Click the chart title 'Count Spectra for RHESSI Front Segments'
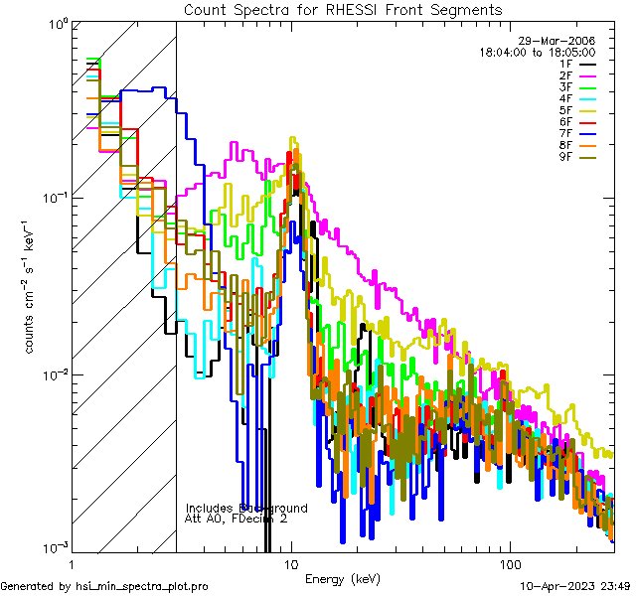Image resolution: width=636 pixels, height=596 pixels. (342, 9)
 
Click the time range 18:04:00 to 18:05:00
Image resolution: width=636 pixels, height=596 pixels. (537, 52)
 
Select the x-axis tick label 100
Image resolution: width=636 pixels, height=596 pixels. (509, 563)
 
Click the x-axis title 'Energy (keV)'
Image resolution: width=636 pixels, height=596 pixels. (342, 579)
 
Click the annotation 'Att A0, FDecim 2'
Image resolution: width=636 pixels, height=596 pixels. (237, 520)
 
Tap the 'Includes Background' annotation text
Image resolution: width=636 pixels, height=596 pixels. (246, 508)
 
